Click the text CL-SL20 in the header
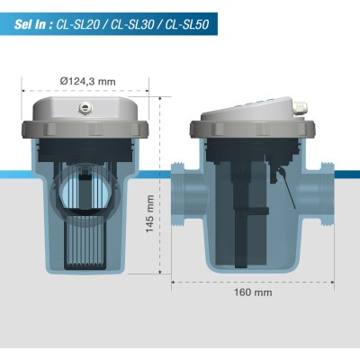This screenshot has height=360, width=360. (77, 24)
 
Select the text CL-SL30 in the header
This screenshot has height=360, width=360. (132, 24)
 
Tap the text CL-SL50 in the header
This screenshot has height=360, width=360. (187, 24)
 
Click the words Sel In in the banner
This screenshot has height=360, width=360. (30, 24)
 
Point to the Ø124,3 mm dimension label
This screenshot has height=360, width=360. (87, 81)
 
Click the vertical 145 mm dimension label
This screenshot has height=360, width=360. (149, 213)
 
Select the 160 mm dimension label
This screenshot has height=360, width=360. (253, 292)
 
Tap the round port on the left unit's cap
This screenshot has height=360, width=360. (84, 107)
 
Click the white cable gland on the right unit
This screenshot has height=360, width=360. (300, 108)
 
